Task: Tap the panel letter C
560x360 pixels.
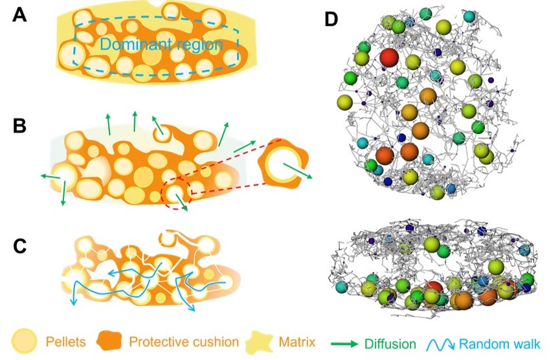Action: pyautogui.click(x=20, y=246)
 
